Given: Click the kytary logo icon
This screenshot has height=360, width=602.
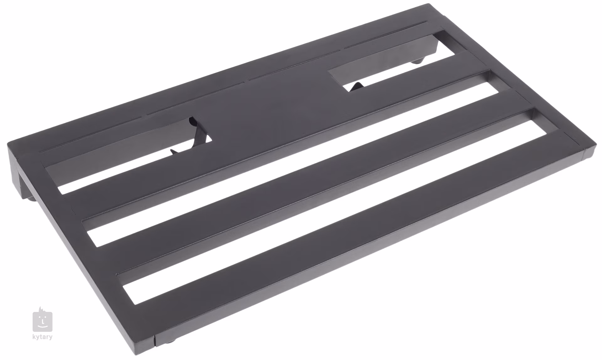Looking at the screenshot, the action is (43, 321).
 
